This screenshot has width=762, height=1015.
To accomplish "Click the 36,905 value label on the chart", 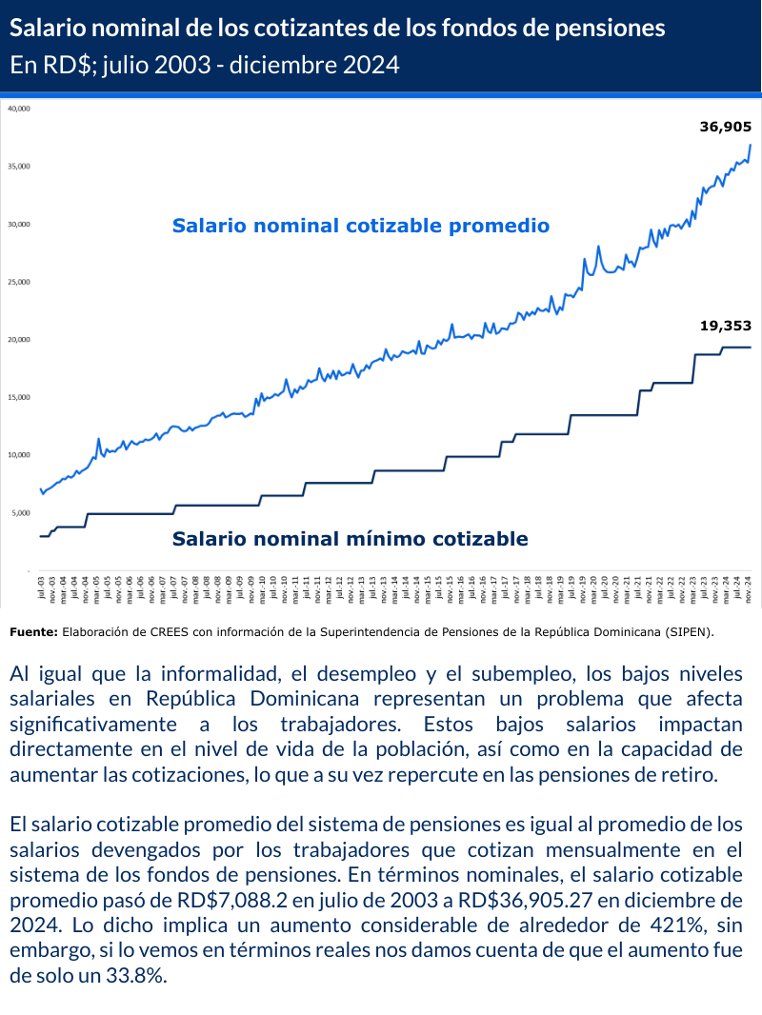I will click(x=726, y=126).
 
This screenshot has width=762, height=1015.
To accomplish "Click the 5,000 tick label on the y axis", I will click(x=21, y=513).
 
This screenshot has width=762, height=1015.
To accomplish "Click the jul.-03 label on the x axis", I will click(x=41, y=586).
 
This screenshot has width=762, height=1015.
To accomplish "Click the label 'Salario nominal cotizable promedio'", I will click(x=361, y=226).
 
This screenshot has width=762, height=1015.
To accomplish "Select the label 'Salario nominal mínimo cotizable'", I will click(x=350, y=539).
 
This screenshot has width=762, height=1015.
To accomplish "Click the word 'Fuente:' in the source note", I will click(x=34, y=630).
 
